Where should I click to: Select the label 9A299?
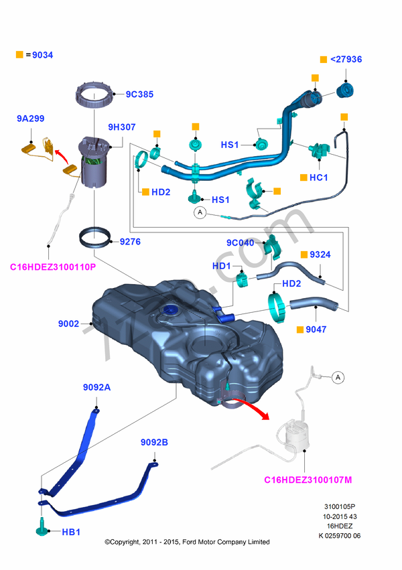[x=30, y=119]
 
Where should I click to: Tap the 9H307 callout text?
[x=122, y=127]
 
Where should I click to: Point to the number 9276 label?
[x=130, y=242]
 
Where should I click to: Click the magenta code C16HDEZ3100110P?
[x=53, y=267]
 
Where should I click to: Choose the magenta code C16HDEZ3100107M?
[x=308, y=480]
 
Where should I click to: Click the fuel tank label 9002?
[x=68, y=324]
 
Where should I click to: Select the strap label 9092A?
[x=96, y=387]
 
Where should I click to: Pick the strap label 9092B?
[x=154, y=443]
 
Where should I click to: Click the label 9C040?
[x=241, y=242]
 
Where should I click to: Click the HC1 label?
[x=318, y=177]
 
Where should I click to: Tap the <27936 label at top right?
[x=346, y=59]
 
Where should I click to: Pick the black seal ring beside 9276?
[x=94, y=236]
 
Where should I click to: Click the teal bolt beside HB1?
[x=42, y=527]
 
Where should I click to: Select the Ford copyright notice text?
[x=188, y=542]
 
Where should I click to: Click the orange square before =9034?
[x=19, y=55]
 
